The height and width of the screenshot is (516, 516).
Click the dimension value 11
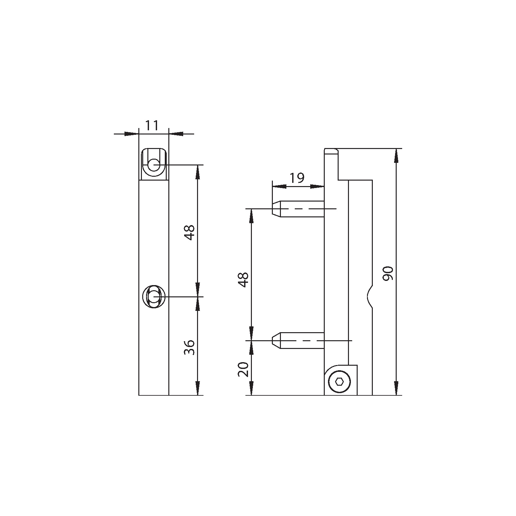tap(152, 125)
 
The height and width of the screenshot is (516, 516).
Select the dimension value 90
tap(388, 273)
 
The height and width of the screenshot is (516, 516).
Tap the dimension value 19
tap(297, 178)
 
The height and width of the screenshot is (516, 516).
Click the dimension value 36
tap(190, 347)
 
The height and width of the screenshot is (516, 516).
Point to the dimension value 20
tap(243, 369)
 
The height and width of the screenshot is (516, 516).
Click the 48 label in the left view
tap(190, 233)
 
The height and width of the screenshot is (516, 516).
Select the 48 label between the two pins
tap(243, 280)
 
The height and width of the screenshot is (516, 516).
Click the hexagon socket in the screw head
tap(339, 382)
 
